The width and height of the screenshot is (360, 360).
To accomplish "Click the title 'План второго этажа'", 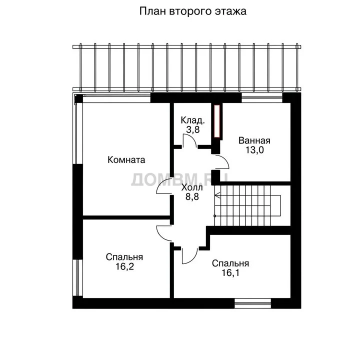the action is coord(193,11).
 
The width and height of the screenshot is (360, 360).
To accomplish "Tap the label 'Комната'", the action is coord(126,160).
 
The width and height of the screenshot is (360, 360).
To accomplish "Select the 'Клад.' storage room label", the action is coord(192,120).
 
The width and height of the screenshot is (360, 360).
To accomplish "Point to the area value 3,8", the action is coord(193,129).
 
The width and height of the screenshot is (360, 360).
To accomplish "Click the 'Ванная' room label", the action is coord(254,140).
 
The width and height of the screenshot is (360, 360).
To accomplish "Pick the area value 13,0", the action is coord(254,150).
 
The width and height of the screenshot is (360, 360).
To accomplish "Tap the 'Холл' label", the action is coord(192,187).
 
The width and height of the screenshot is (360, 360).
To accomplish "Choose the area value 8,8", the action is coord(192,197).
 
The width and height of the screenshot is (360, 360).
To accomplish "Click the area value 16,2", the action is coord(124,266).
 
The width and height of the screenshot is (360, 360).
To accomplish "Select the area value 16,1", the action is coord(230,273).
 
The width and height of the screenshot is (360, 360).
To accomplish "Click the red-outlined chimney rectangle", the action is coord(217,121).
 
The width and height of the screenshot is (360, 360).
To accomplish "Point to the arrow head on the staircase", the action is coord(217,195).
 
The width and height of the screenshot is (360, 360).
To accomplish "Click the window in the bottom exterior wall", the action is coord(253,303).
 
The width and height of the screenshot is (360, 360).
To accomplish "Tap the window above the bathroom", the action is coord(261,98).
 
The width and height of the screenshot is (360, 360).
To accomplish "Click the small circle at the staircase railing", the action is coord(214,216).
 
